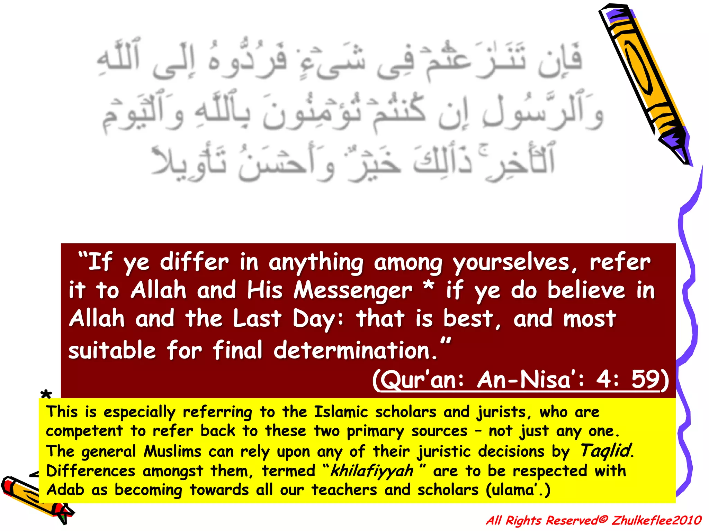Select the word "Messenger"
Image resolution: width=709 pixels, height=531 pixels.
(x=353, y=290)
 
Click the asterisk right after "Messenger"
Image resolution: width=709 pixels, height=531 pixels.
(x=429, y=287)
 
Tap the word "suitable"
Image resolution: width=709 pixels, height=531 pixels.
(x=112, y=350)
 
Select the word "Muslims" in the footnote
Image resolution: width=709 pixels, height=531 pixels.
(x=172, y=451)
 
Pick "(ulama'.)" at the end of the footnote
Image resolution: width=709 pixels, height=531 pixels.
(x=518, y=490)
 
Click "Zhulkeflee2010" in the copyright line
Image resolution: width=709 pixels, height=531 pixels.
(x=656, y=520)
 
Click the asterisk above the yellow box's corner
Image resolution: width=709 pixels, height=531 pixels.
(x=46, y=394)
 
